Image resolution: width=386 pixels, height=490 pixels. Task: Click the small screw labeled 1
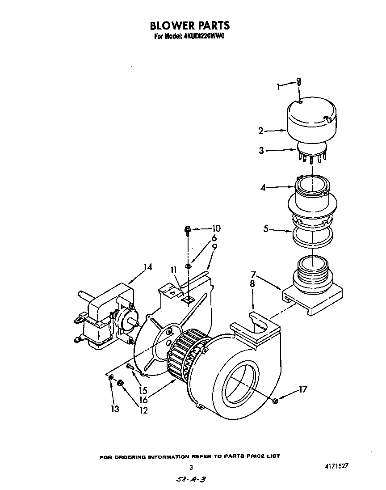coord(299,82)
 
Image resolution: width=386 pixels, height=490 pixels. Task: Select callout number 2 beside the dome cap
coord(260,131)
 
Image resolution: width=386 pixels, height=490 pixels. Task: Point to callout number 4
coord(263,188)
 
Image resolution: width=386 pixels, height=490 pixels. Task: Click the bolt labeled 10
coord(187,231)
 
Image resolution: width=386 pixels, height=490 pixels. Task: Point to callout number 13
coord(115,409)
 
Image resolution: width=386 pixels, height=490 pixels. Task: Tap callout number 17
coord(303,390)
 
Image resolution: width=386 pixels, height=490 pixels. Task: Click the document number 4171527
coord(334,466)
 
